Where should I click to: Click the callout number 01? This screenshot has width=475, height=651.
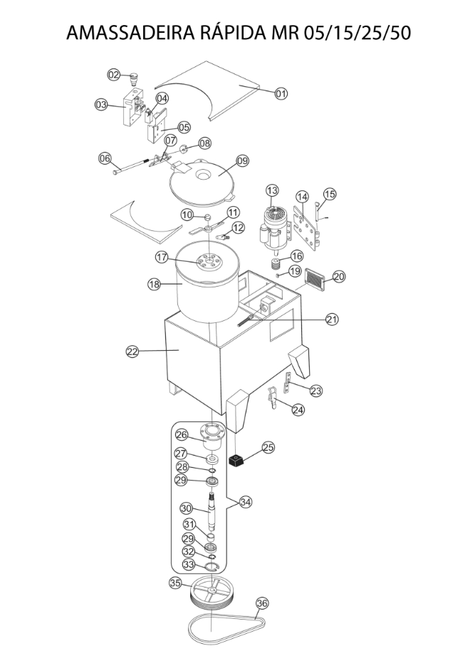click(281, 93)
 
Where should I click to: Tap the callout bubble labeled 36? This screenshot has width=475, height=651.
click(262, 603)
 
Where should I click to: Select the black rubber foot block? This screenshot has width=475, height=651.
click(236, 461)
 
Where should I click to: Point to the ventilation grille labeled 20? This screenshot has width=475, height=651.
click(318, 280)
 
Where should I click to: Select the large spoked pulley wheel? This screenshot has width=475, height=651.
click(213, 594)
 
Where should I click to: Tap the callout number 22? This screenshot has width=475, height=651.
click(132, 352)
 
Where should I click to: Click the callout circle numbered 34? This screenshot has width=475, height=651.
click(246, 502)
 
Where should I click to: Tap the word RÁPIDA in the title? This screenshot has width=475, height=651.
click(234, 32)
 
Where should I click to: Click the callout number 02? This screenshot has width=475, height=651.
click(113, 75)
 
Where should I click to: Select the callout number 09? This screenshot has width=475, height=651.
click(242, 160)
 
